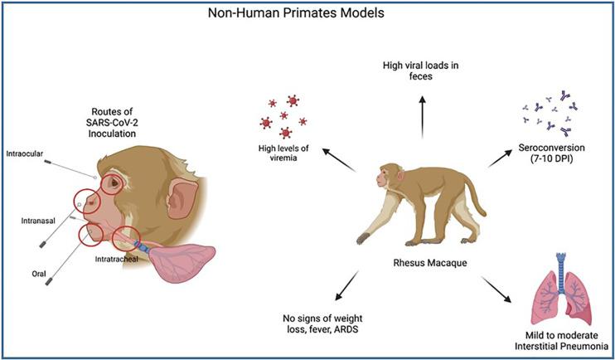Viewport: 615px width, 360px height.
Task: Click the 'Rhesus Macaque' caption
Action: pos(430,265)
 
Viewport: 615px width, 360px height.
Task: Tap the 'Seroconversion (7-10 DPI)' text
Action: pos(548,158)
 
